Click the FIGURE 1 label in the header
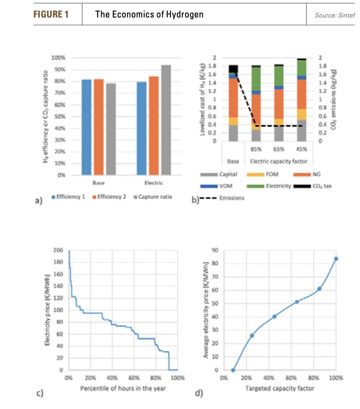point(51,15)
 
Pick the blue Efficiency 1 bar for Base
point(86,127)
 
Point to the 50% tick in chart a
point(60,117)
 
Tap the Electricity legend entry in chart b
point(276,186)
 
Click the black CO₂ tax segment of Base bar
point(233,69)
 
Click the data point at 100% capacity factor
point(336,258)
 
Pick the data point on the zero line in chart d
point(233,370)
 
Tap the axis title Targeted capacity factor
point(280,388)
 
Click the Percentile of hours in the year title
point(123,388)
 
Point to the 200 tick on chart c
point(58,251)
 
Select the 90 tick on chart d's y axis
point(215,250)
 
